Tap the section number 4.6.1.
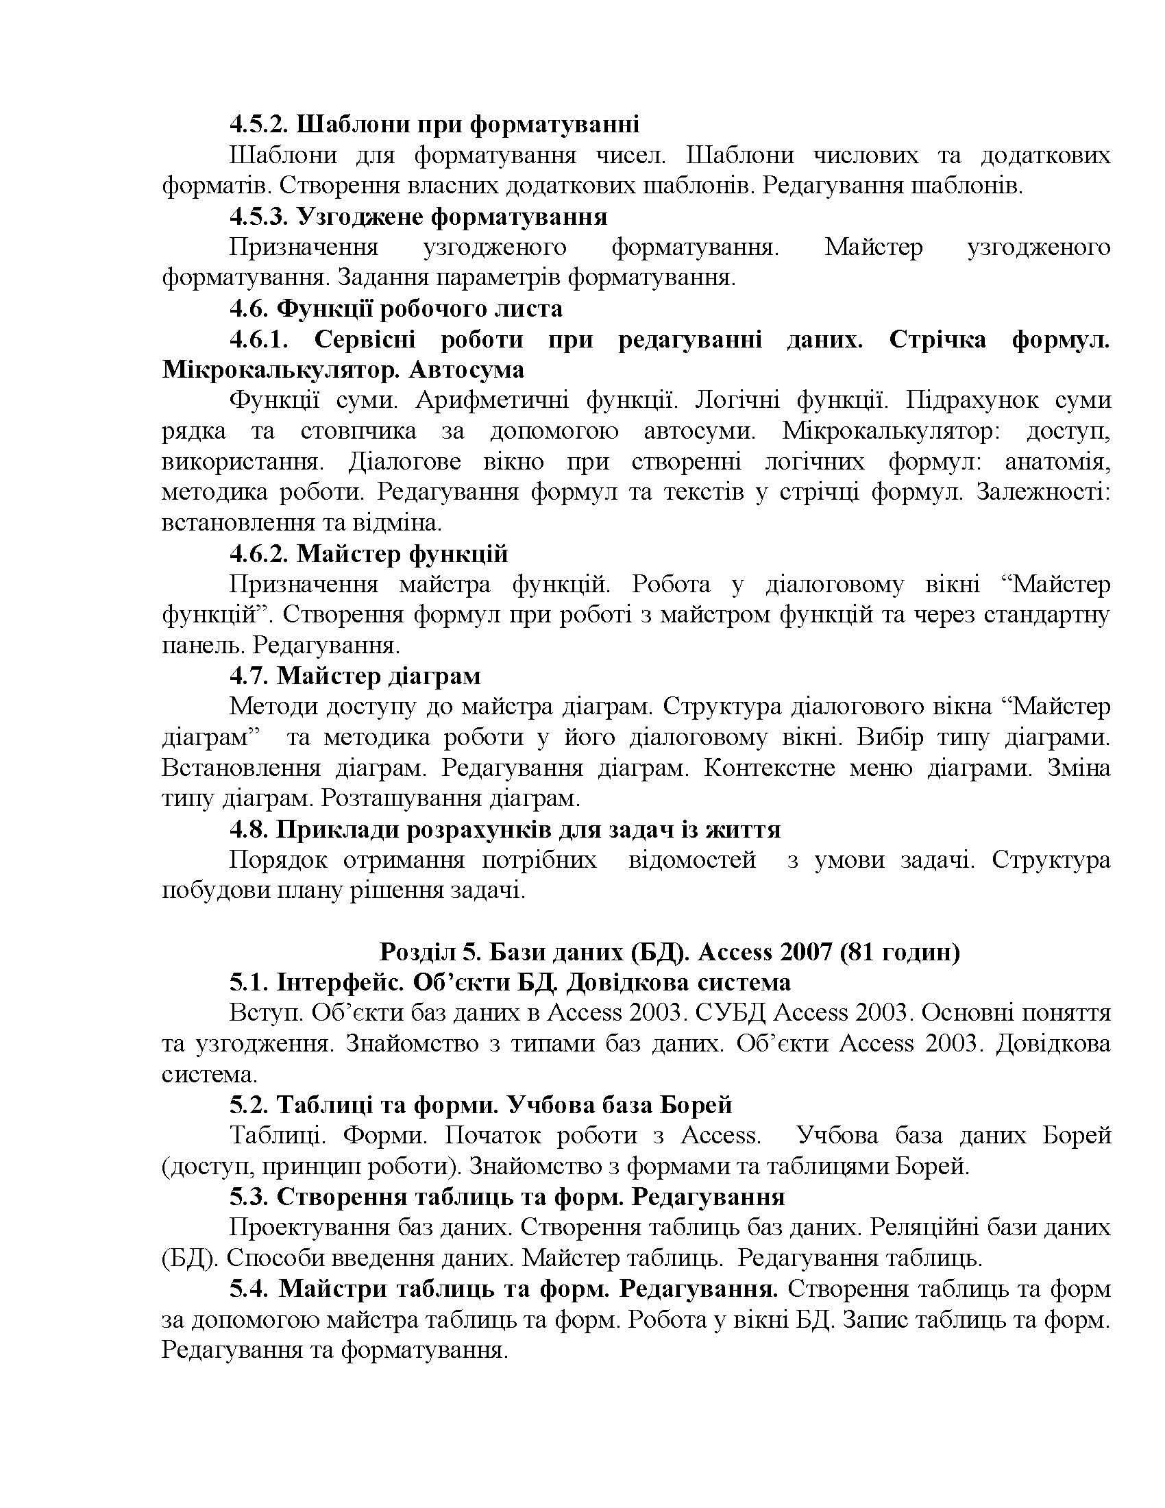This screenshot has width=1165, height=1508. click(x=259, y=340)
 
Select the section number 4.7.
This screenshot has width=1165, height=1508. click(x=249, y=675)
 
